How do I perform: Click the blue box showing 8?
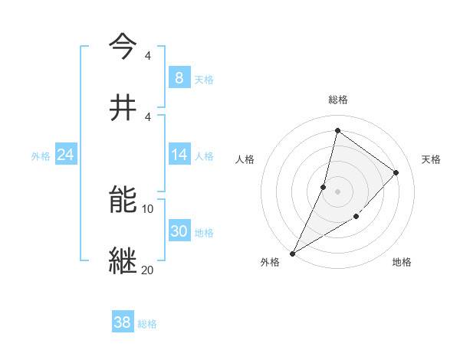point(179,78)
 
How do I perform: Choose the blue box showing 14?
point(179,155)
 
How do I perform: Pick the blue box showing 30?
point(179,231)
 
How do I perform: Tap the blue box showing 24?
point(65,155)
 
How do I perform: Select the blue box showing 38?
point(123,322)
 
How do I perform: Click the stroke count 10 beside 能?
point(148,209)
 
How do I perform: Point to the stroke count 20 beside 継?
point(148,270)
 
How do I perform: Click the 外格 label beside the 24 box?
point(41,155)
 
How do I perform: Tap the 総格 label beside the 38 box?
point(147,324)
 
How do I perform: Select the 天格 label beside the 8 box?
point(204,79)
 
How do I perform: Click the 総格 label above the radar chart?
point(337,100)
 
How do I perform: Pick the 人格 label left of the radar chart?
point(245,159)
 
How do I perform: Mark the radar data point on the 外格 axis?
point(292,253)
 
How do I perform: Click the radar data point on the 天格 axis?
point(396,173)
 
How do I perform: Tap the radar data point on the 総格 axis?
point(337,130)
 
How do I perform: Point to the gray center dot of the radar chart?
point(337,191)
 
